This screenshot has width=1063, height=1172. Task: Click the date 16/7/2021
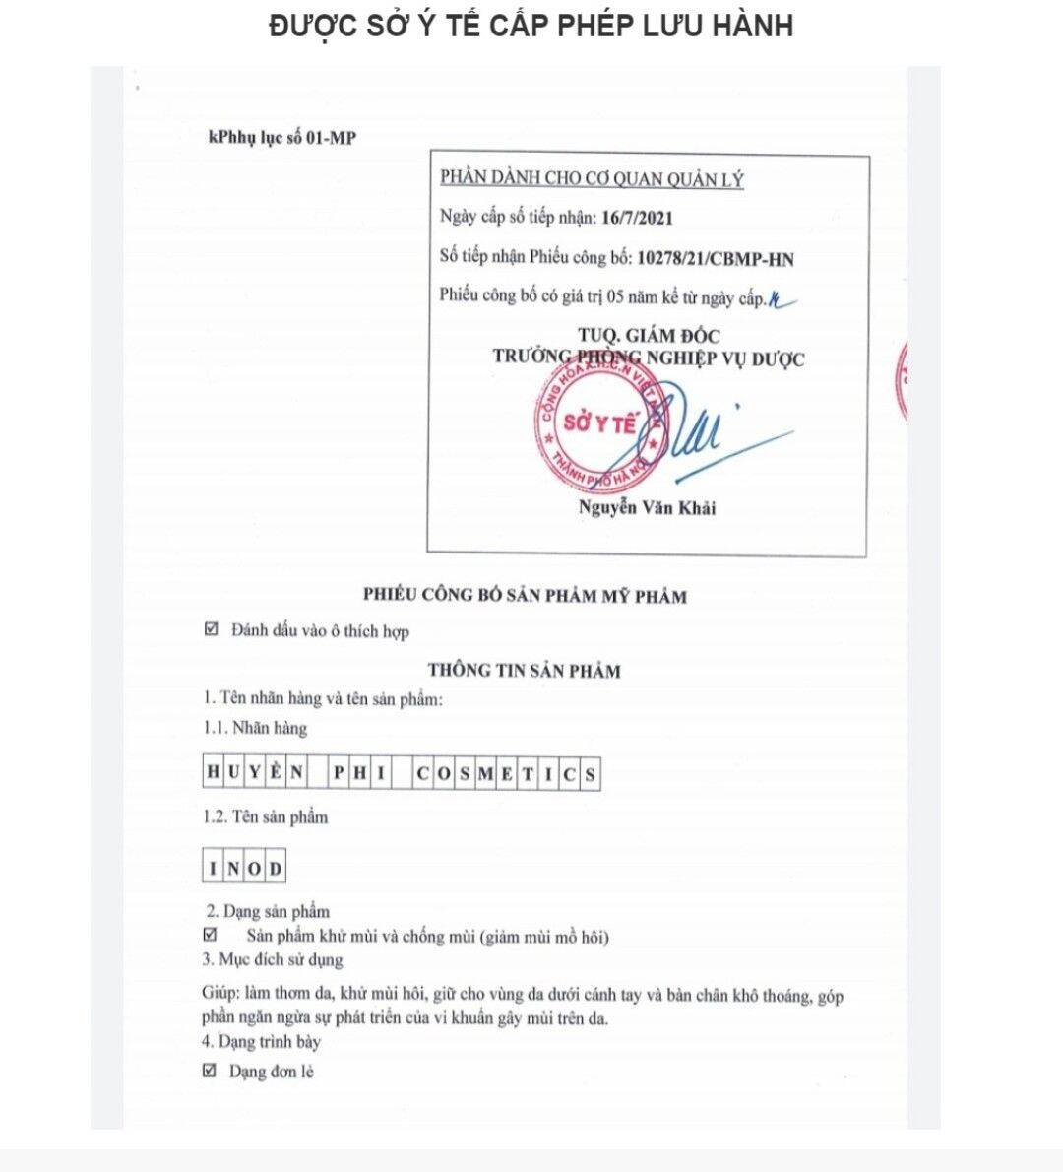(x=637, y=218)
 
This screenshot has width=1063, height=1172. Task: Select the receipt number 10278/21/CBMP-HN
(x=716, y=259)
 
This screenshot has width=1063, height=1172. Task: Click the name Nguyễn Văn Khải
(x=647, y=508)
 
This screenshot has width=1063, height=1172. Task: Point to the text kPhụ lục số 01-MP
(x=281, y=138)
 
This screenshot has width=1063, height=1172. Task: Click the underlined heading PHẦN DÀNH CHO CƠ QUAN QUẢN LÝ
(x=592, y=179)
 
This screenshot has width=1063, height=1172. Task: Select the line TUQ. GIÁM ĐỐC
(x=649, y=336)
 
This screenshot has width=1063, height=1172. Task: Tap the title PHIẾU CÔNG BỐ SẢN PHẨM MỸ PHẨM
(x=525, y=595)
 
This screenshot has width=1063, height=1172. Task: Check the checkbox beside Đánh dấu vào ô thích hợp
(x=211, y=629)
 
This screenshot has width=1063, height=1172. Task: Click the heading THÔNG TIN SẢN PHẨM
(x=524, y=671)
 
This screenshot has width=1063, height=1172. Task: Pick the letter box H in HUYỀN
(x=214, y=773)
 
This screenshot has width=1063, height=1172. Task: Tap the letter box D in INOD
(x=276, y=869)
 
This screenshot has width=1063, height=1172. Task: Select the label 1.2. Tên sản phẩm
(x=266, y=816)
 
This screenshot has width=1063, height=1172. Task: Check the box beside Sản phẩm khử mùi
(x=210, y=935)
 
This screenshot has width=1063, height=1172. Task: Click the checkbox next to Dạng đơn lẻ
(x=209, y=1071)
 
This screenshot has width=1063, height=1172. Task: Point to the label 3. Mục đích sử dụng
(x=273, y=959)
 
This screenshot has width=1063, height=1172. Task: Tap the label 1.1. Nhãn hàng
(x=255, y=728)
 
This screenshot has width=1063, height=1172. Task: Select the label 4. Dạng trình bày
(x=262, y=1041)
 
